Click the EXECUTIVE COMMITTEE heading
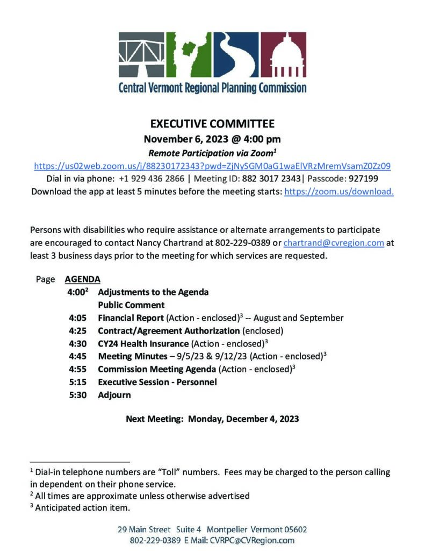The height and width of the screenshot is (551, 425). [212, 124]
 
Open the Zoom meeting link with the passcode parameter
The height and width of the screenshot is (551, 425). [212, 166]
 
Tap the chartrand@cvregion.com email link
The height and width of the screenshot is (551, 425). [334, 243]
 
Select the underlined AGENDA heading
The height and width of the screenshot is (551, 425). [82, 279]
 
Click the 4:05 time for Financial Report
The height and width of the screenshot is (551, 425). [77, 318]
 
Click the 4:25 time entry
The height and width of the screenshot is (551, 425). [77, 331]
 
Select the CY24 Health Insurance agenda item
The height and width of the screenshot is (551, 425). [143, 343]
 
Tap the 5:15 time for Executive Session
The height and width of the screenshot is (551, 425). [77, 382]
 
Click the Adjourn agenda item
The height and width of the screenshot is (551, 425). [114, 395]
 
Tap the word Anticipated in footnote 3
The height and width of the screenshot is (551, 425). [59, 507]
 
